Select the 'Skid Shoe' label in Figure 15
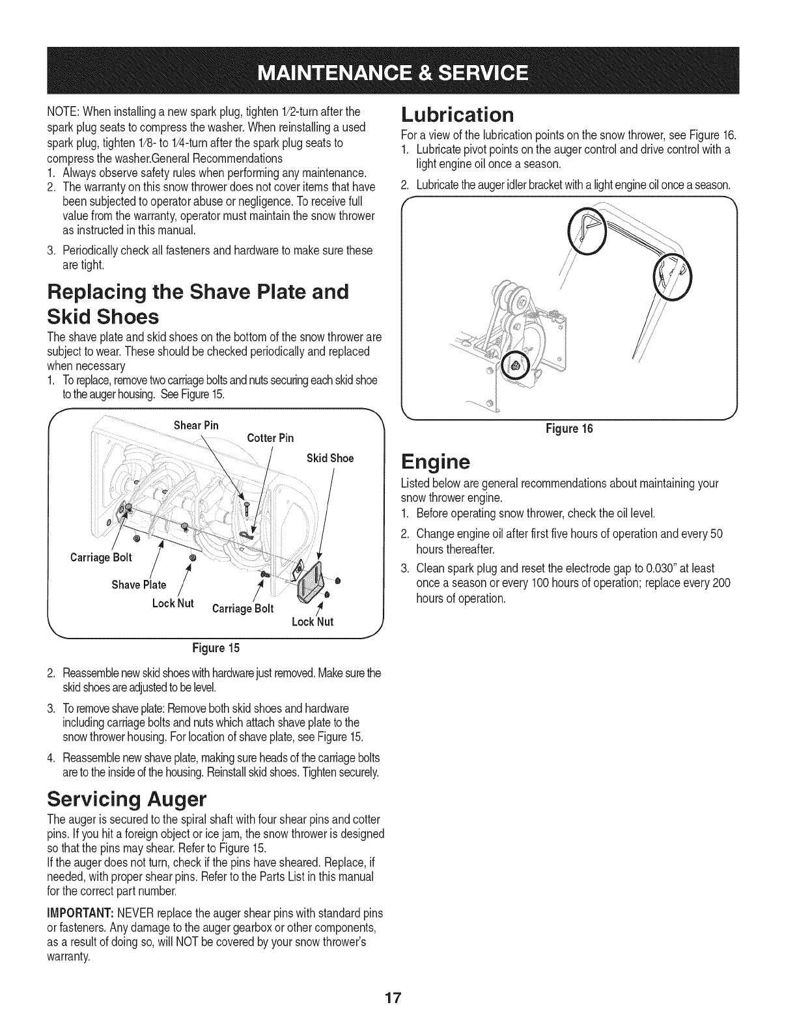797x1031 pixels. coord(330,458)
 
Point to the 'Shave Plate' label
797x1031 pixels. coord(139,584)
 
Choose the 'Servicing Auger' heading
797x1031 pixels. coord(128,797)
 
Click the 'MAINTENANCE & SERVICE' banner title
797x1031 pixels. coord(398,71)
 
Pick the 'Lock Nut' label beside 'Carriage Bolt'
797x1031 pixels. coord(173,603)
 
